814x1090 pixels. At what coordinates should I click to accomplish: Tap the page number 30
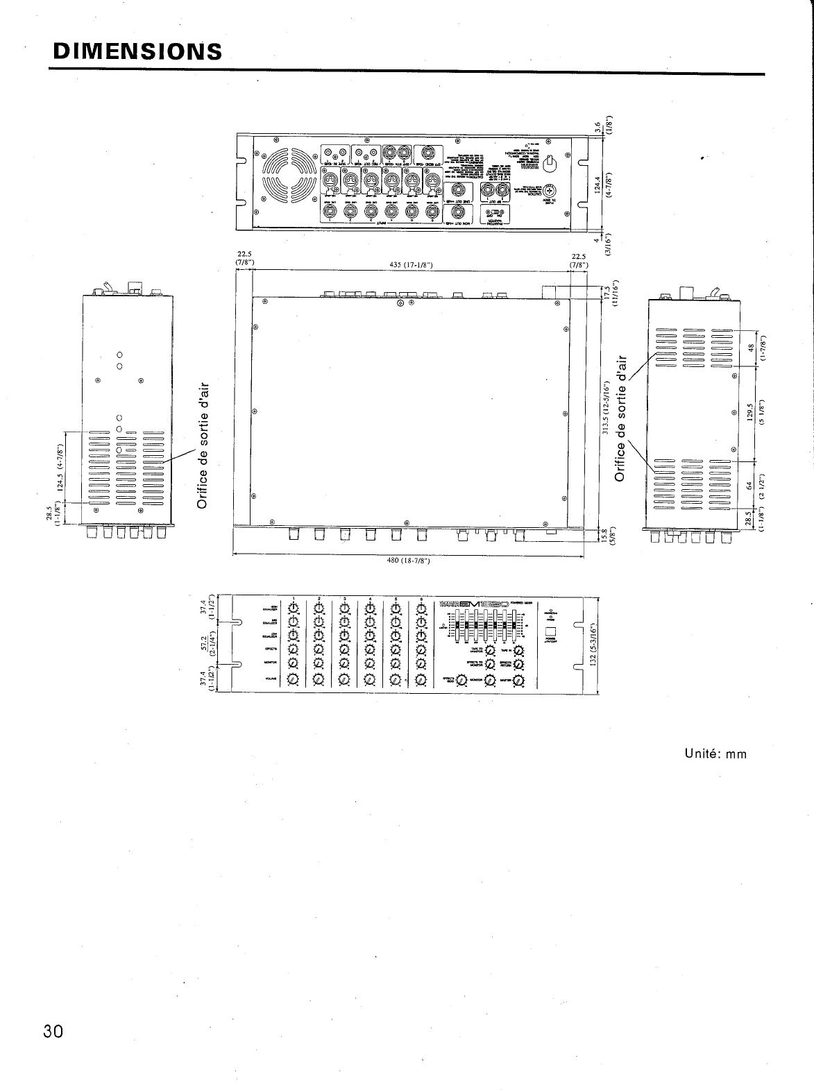53,1031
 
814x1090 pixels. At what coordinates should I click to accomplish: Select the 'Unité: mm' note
715,754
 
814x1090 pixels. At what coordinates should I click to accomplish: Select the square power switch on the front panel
552,633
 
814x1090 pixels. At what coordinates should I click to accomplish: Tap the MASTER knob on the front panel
518,682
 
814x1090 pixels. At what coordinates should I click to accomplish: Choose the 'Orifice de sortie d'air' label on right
622,416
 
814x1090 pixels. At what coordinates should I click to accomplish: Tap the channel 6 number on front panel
421,599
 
